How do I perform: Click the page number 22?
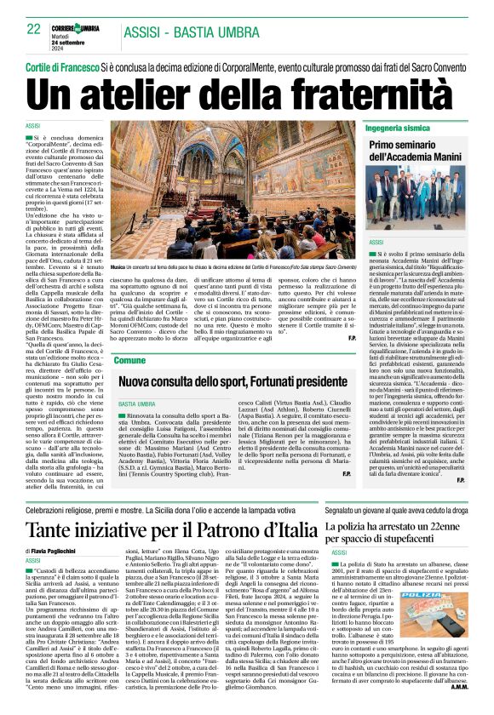pos(34,29)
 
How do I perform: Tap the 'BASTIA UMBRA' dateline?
pos(136,403)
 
